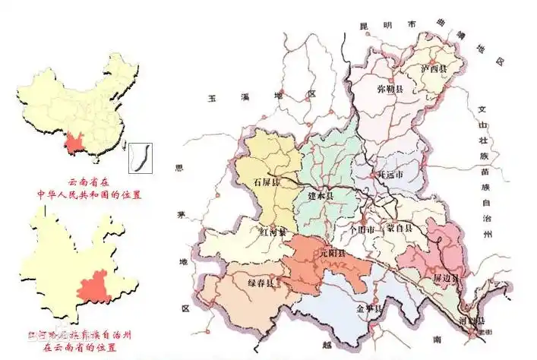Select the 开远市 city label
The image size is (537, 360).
[x=390, y=174]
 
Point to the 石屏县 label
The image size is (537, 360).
[x=267, y=182]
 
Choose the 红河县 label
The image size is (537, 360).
[x=273, y=231]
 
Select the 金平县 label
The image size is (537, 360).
[x=368, y=308]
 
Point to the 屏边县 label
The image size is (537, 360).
[x=446, y=279]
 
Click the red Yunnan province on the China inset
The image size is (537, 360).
[x=74, y=142]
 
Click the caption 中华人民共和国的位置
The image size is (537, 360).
[x=90, y=194]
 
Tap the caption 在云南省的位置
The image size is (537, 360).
[x=79, y=347]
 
